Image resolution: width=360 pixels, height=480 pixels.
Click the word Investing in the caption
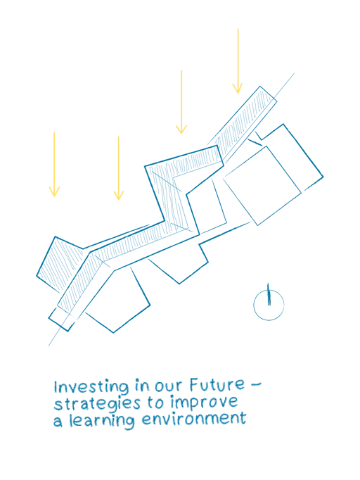pos(91,386)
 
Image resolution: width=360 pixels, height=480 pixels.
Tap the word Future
pos(217,385)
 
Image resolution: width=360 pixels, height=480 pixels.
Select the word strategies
pos(97,404)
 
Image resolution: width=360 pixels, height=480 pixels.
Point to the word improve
pos(204,403)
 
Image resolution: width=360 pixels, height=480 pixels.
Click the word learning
pos(101,421)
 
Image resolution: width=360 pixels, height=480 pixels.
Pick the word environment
pos(194,419)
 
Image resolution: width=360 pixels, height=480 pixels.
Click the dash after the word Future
pos(256,384)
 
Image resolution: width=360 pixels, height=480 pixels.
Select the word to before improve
pos(156,403)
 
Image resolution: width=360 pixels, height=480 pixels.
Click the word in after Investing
pos(142,386)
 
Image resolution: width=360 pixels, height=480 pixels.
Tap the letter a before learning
pos(58,422)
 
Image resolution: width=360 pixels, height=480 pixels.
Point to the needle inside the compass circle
pos(269,294)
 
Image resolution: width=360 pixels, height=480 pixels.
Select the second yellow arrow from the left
pos(118,168)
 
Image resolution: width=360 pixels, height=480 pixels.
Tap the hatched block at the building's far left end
pos(60,263)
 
